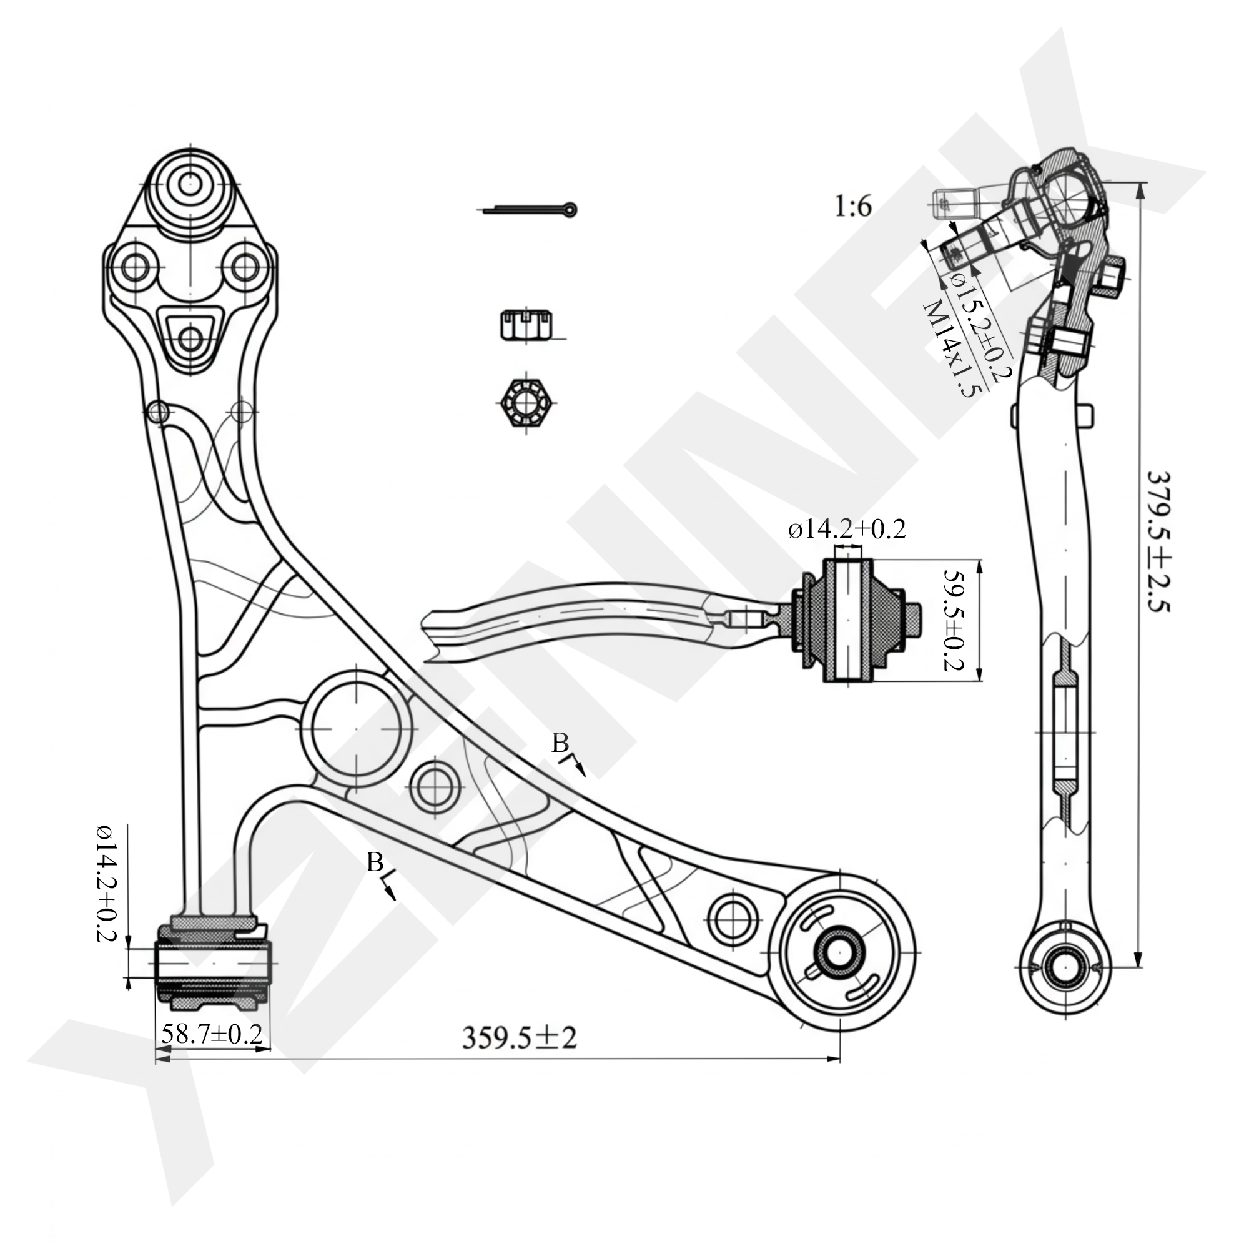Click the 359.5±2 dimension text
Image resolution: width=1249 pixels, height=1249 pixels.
[x=518, y=1039]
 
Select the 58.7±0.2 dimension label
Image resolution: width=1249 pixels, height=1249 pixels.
[x=212, y=1034]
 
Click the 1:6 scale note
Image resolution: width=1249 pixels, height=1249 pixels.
[x=852, y=207]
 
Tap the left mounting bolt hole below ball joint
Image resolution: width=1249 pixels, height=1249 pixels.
[x=134, y=267]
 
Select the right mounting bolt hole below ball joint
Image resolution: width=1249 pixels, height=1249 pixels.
[x=244, y=267]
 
